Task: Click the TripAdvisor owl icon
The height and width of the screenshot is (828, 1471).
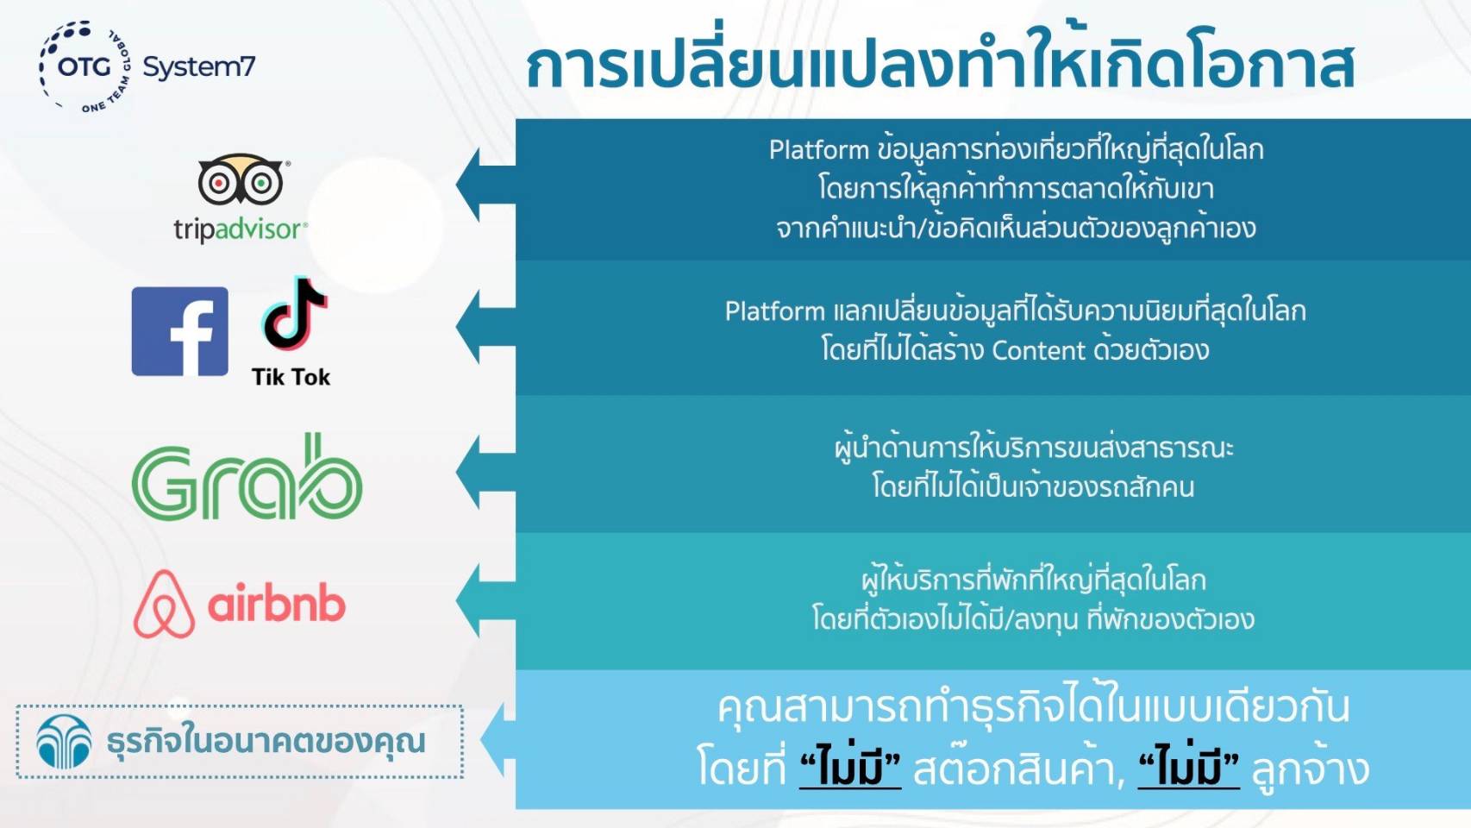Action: [241, 179]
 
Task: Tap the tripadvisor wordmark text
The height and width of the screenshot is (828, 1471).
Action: [241, 230]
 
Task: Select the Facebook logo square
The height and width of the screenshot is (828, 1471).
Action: [180, 331]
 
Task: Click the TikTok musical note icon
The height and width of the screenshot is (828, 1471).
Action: [293, 313]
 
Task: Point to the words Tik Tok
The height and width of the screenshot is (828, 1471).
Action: [291, 377]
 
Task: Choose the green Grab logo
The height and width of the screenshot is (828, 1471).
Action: [247, 476]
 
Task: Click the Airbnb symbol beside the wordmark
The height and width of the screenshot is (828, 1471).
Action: [164, 603]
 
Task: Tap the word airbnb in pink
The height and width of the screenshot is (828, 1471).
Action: [277, 605]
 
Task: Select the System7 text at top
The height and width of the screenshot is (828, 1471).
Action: [199, 67]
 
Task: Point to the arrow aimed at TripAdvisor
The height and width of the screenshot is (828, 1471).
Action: [485, 184]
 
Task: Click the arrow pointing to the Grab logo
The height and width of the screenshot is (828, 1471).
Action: [485, 472]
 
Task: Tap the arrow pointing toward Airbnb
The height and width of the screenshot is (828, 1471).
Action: [485, 600]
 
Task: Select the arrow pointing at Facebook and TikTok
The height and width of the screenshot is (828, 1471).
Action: [485, 327]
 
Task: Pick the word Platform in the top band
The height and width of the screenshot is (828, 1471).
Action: [819, 150]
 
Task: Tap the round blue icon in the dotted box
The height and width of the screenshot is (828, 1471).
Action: [64, 742]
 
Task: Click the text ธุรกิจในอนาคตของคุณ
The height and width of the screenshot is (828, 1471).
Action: [266, 741]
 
